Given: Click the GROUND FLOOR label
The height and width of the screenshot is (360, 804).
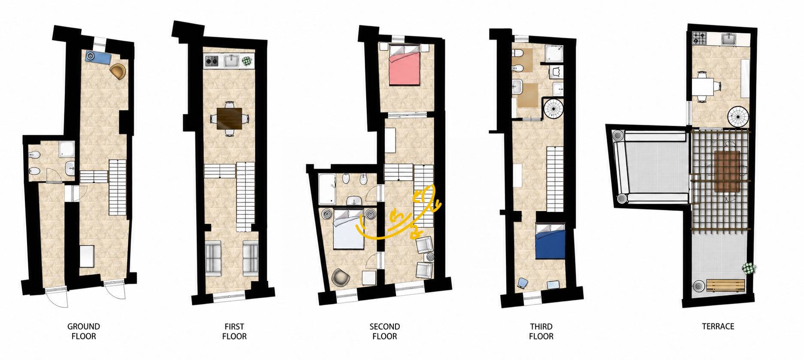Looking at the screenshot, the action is click(x=84, y=331).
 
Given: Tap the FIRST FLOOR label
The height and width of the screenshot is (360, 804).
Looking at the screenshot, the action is click(x=234, y=331).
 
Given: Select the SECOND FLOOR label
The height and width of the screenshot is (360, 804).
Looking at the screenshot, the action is click(x=385, y=331).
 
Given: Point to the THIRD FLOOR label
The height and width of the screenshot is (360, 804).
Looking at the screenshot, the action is click(x=541, y=331).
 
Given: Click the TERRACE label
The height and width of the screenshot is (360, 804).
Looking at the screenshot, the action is click(x=718, y=327).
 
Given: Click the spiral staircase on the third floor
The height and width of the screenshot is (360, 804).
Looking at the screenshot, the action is click(x=553, y=109).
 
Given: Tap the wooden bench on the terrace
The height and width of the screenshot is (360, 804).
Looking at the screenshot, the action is click(x=725, y=286).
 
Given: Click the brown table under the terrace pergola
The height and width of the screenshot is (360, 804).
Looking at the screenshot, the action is click(x=727, y=171).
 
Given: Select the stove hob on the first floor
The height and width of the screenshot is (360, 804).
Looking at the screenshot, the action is click(x=211, y=62).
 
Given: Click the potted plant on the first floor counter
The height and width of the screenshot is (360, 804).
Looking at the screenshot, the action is click(x=247, y=61).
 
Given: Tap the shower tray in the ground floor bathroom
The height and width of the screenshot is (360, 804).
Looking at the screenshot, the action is click(x=66, y=149).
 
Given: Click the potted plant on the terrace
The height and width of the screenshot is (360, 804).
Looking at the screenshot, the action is click(x=749, y=269).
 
